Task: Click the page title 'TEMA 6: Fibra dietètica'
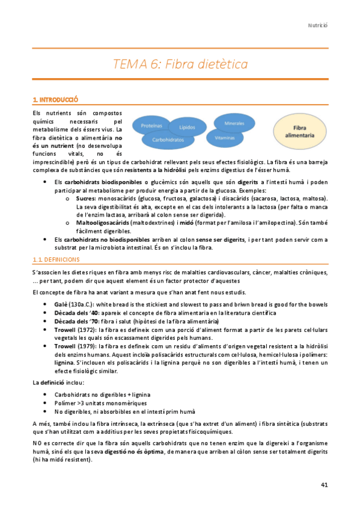pos(180,64)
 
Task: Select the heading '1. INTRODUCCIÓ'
pos(56,99)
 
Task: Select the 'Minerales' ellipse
pos(234,123)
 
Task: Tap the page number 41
pos(324,484)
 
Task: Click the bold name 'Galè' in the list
pos(61,305)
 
